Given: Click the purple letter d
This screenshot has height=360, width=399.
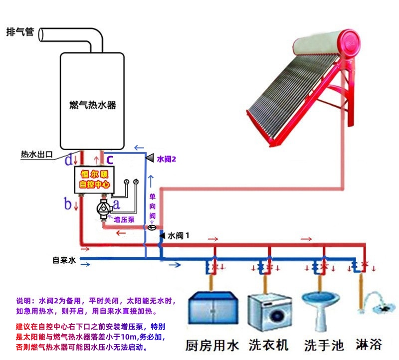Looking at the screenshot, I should (69, 160).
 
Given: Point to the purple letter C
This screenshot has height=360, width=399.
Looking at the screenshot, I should (110, 160).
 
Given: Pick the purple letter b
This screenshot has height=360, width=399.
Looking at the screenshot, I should (68, 203).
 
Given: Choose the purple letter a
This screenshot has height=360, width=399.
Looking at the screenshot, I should (117, 203).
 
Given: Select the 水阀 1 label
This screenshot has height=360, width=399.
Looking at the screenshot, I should (178, 235).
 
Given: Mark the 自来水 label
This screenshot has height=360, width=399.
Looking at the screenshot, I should (64, 260).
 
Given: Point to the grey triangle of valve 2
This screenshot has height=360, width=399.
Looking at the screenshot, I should (149, 158).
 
